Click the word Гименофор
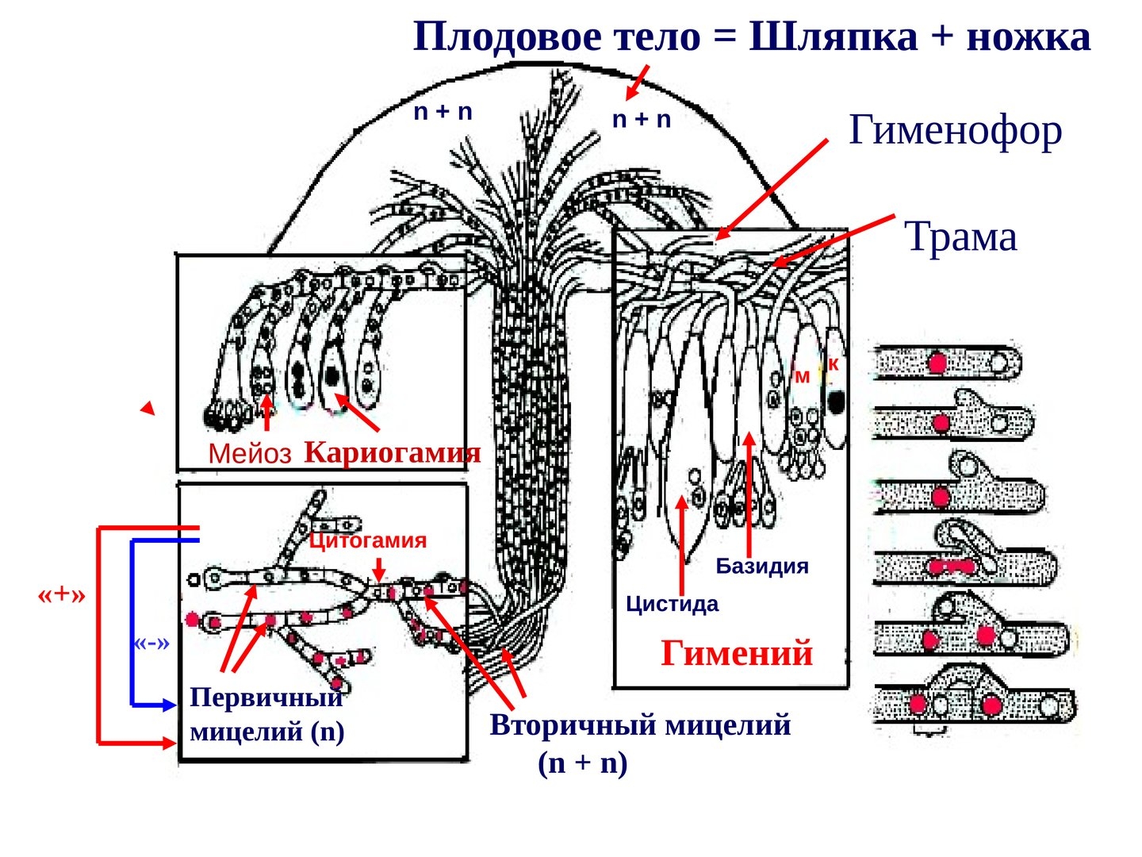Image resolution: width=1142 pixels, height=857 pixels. tap(955, 130)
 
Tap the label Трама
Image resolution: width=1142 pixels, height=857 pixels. tap(960, 236)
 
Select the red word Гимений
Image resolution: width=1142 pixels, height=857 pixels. tap(737, 653)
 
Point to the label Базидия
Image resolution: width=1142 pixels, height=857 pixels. tap(761, 566)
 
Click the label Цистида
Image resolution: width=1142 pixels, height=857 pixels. tap(672, 604)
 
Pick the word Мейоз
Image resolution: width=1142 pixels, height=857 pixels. tap(250, 454)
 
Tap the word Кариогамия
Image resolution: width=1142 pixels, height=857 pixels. tap(392, 452)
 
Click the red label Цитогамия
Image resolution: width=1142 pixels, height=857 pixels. tap(367, 540)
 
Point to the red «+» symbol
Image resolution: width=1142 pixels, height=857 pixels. tap(61, 594)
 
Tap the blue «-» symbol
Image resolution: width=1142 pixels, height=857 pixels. tap(151, 642)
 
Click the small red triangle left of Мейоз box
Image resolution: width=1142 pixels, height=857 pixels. tap(148, 409)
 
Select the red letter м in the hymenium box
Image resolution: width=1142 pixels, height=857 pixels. tap(802, 377)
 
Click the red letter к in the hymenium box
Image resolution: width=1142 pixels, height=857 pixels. tap(833, 364)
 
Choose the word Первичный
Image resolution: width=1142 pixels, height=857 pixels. tap(266, 698)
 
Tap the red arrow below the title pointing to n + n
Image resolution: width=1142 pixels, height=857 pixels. tap(637, 83)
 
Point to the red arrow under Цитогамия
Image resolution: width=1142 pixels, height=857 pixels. tap(379, 570)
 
